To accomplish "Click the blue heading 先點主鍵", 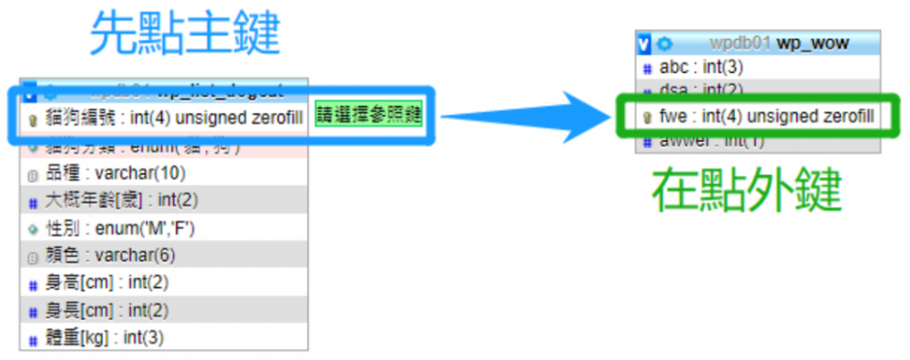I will [185, 35].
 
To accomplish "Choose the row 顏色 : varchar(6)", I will [116, 256].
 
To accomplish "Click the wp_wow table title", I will [813, 43].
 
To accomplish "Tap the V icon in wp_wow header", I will [644, 43].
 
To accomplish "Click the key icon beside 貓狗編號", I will [32, 117].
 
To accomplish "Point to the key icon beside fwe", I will [648, 117].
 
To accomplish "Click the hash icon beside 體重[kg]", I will [32, 338].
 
